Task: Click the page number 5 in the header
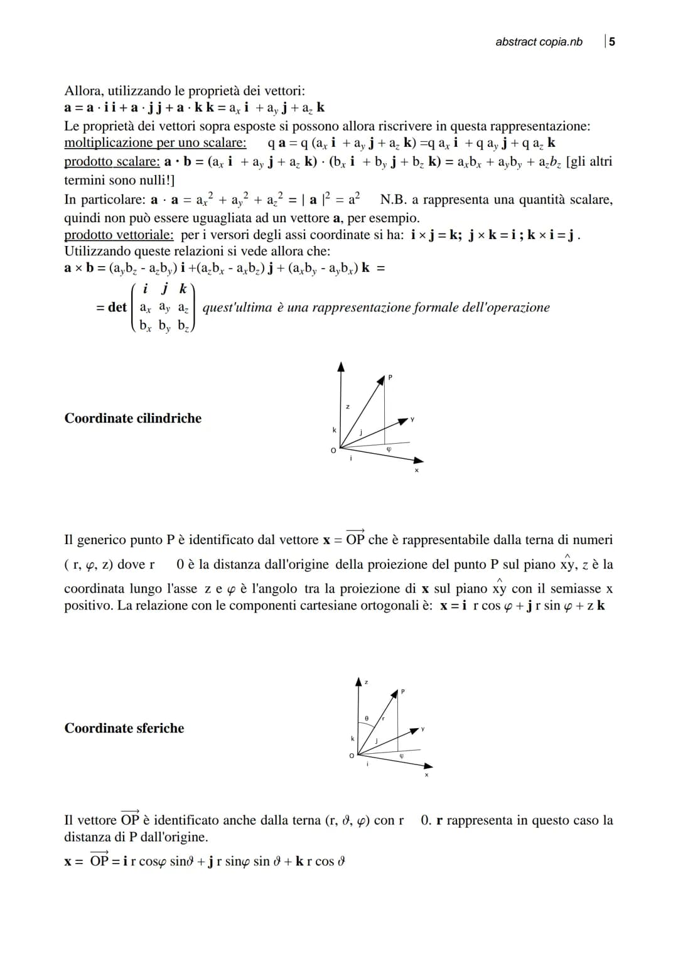(x=612, y=41)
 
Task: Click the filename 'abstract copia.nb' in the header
(x=539, y=42)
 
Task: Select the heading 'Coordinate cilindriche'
(x=133, y=419)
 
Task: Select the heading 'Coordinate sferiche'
(x=124, y=728)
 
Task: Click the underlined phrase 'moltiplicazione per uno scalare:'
(x=155, y=143)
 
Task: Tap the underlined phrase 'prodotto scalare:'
(x=112, y=162)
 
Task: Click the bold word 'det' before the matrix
(x=117, y=308)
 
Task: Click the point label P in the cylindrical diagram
(x=390, y=377)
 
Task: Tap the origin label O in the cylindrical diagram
(x=334, y=449)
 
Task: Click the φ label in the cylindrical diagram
(x=389, y=449)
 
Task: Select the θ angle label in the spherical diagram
(x=367, y=717)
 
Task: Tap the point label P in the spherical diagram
(x=403, y=691)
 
